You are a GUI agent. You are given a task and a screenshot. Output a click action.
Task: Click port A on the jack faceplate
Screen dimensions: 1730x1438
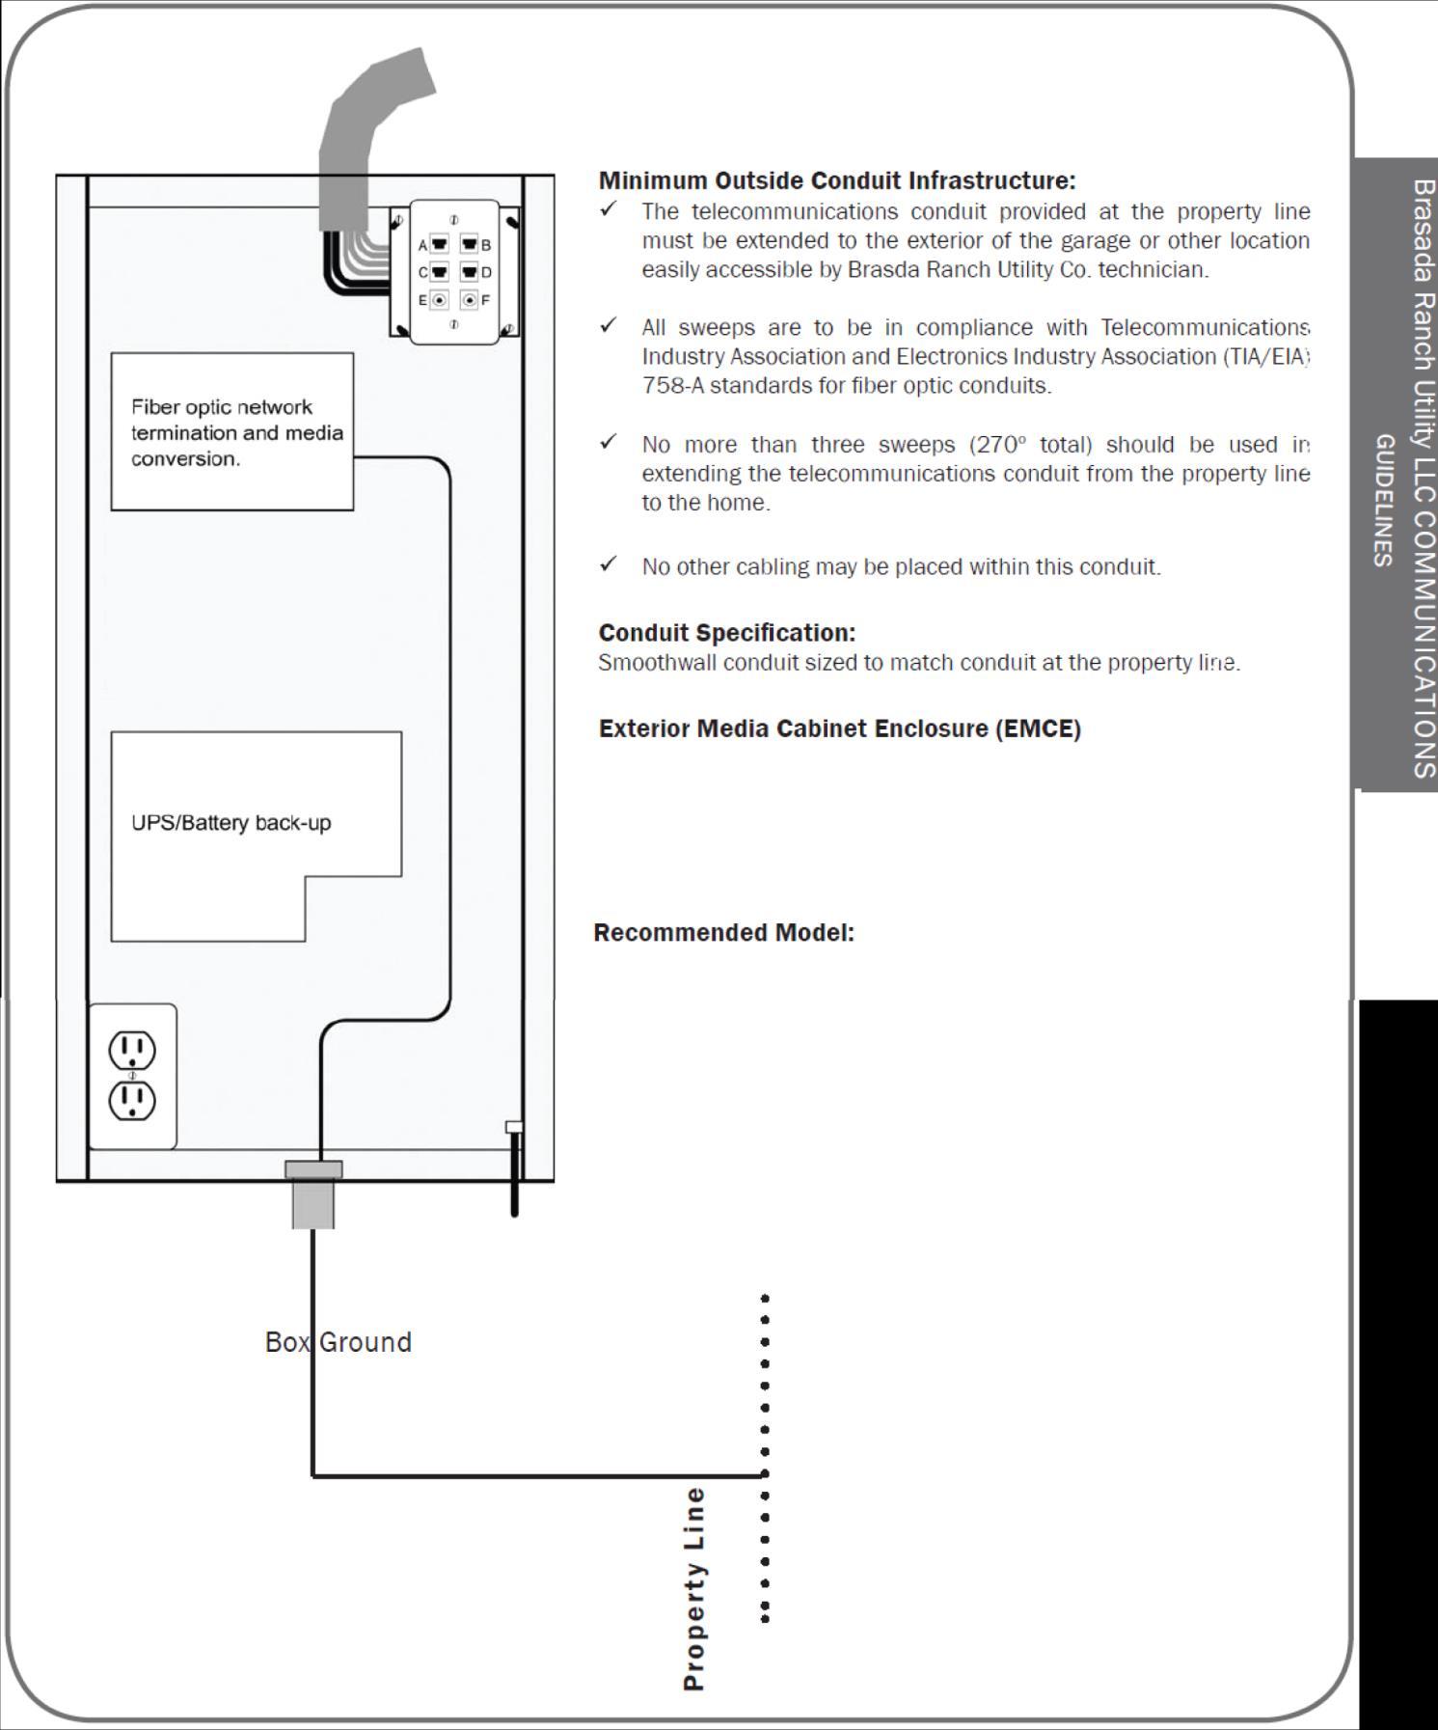439,245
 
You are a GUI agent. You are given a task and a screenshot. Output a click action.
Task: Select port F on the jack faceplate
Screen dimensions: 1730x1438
470,300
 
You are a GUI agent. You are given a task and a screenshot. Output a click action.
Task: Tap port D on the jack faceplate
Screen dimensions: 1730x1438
470,272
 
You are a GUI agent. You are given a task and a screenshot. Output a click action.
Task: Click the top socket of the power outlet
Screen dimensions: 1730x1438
132,1049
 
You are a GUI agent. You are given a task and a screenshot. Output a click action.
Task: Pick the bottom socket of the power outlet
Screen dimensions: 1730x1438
132,1100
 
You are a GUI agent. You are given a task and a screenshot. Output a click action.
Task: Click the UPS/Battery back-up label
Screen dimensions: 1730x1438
231,823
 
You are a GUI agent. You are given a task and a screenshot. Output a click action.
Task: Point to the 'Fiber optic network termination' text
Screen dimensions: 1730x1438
223,407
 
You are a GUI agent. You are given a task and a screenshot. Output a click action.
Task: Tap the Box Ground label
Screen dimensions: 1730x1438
339,1342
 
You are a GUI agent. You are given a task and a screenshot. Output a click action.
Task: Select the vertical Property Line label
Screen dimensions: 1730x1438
694,1587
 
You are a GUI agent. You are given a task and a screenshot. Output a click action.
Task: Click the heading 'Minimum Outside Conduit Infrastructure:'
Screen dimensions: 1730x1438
836,180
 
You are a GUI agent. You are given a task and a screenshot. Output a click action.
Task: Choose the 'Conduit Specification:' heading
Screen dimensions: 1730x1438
726,633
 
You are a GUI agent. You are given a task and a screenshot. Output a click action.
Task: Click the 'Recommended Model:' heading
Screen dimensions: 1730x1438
723,933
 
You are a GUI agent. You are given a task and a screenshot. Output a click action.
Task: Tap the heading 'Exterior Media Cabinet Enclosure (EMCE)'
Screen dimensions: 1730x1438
839,728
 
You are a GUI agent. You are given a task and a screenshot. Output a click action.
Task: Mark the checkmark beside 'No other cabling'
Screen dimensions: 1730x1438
608,564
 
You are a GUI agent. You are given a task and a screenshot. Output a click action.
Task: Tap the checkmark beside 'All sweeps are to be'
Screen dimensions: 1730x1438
608,326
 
